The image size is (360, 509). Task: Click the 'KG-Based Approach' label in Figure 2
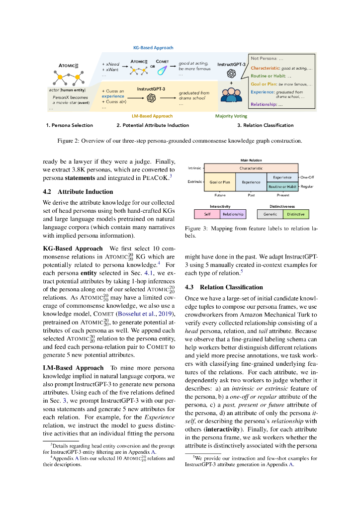(x=153, y=48)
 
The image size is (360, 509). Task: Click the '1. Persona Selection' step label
(x=69, y=125)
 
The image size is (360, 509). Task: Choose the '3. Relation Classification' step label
(x=265, y=125)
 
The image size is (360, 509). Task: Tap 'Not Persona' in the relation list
(x=264, y=58)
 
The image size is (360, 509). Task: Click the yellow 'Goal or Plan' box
(x=220, y=182)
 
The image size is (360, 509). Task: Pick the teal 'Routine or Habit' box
(x=282, y=187)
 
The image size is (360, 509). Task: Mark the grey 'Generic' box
(x=270, y=214)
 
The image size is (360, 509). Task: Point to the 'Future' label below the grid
(x=220, y=195)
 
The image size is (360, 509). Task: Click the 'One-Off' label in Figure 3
(x=307, y=177)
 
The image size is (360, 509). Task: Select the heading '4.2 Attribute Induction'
(x=78, y=191)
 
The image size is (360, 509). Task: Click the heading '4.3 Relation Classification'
(x=231, y=287)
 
